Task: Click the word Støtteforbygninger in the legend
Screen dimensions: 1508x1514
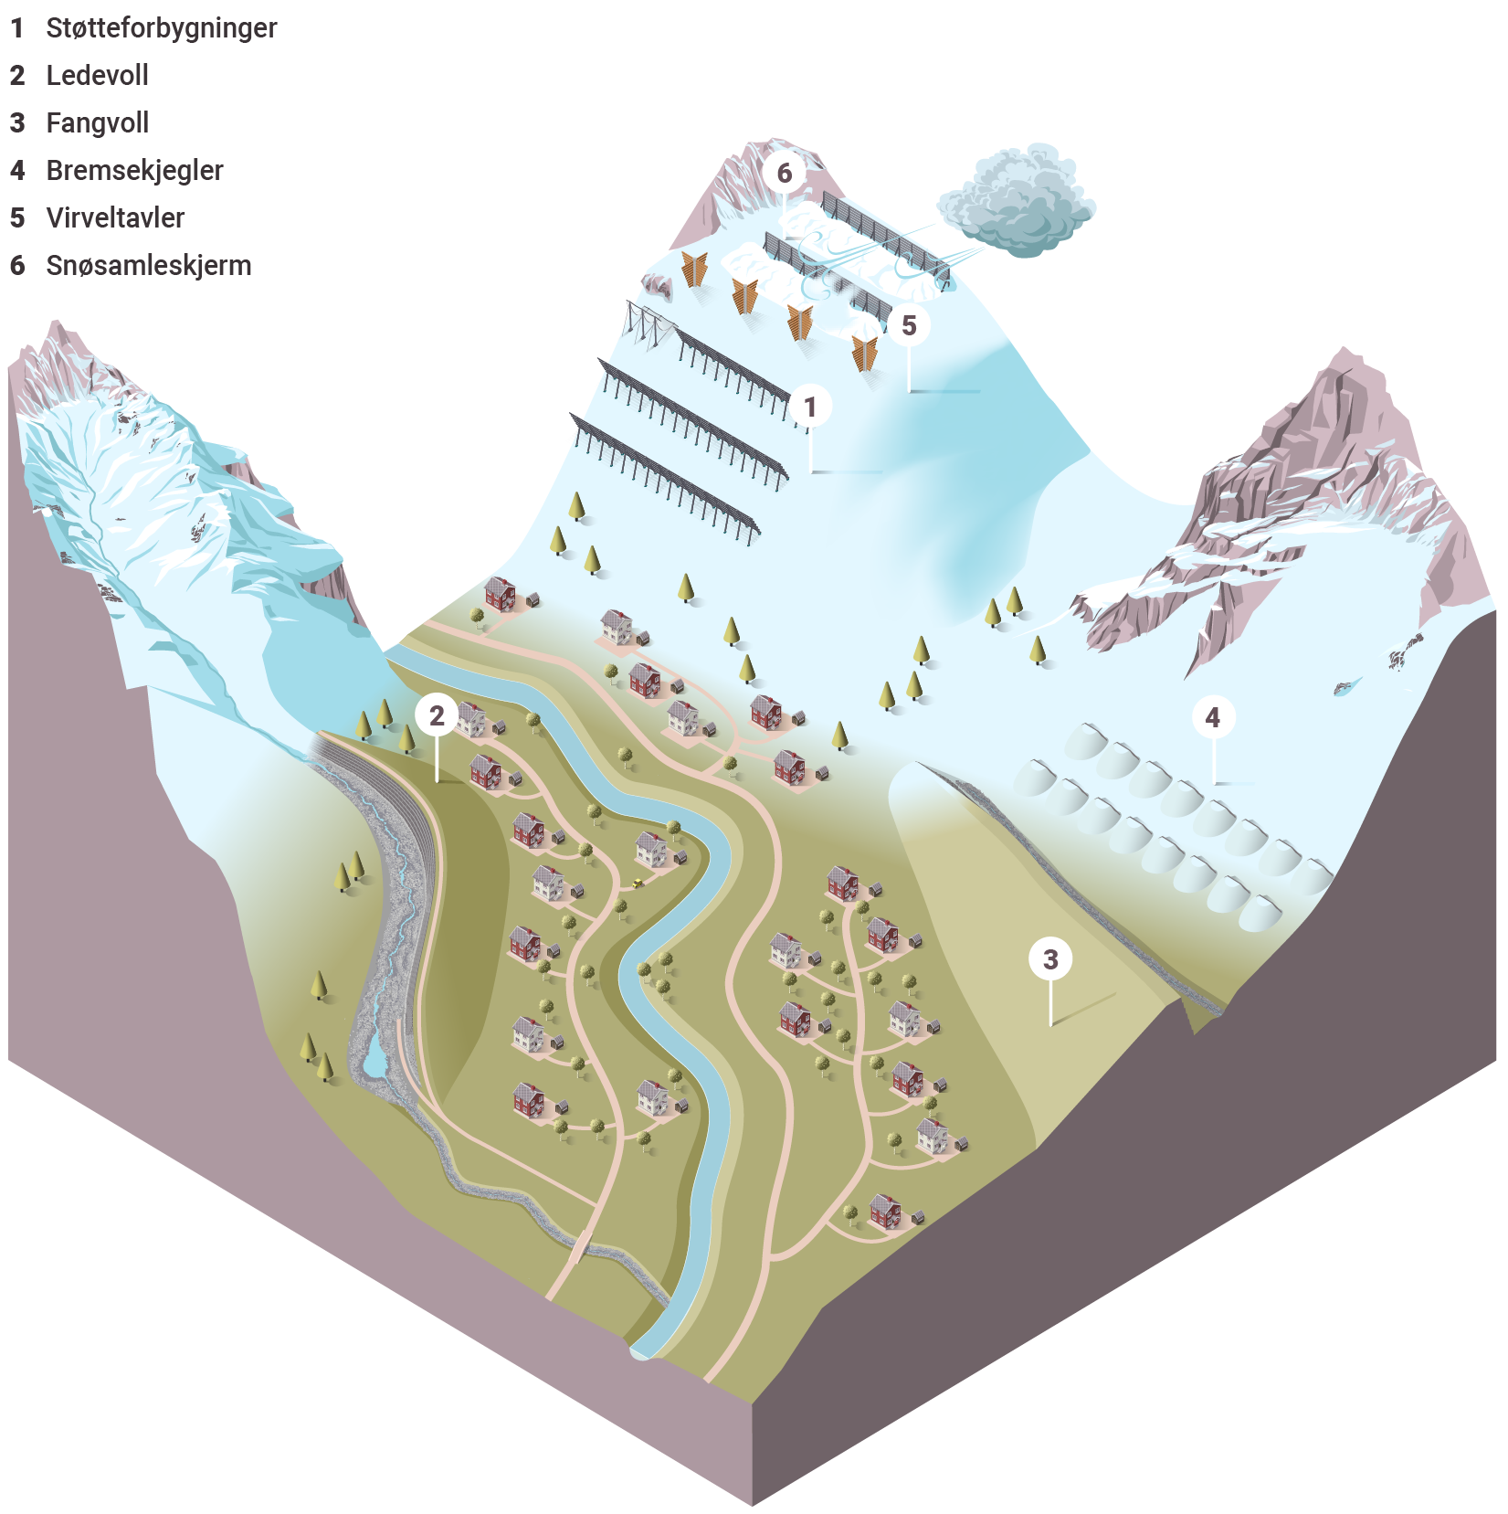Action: [162, 28]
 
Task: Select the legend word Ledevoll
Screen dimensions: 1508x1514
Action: [98, 75]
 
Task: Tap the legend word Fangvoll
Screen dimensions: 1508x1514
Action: [98, 123]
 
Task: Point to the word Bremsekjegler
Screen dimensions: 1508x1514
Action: [135, 171]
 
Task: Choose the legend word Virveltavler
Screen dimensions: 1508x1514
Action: [116, 217]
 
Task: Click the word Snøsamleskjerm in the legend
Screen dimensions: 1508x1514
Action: [149, 266]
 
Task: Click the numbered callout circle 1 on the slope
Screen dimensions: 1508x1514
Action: [810, 407]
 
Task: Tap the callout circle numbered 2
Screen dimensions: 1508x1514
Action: [438, 715]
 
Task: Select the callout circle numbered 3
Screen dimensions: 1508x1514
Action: [1050, 958]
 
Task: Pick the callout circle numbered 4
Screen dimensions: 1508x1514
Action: [1213, 717]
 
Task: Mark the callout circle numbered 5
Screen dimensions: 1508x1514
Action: [909, 325]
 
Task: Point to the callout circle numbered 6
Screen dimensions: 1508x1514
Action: [785, 173]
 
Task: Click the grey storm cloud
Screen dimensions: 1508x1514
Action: [1018, 199]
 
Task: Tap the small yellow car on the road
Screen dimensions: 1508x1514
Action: [636, 883]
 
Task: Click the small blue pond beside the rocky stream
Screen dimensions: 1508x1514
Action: [375, 1056]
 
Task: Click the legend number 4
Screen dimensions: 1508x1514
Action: [17, 171]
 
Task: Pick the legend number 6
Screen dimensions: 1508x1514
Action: [17, 266]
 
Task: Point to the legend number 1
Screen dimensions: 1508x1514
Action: [17, 28]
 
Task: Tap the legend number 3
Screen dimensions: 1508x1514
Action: [17, 123]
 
